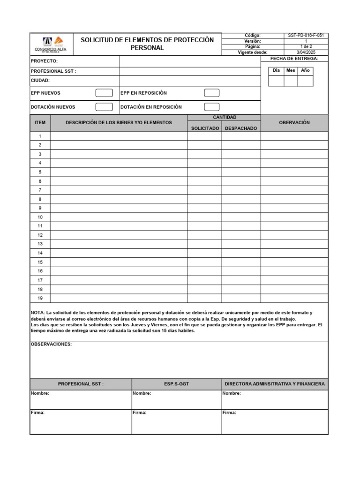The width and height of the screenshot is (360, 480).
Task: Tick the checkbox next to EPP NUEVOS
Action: coord(104,93)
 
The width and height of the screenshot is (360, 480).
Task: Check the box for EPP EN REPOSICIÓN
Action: coord(212,93)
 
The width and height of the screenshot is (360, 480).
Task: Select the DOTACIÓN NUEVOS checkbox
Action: coord(104,107)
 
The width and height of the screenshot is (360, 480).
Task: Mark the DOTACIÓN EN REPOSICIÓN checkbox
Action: coord(212,107)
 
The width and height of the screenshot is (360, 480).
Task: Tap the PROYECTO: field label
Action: coord(44,61)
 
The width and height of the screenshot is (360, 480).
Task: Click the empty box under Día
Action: coord(276,81)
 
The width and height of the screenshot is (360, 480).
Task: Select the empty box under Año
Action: coord(305,81)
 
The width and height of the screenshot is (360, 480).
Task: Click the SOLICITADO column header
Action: coord(205,128)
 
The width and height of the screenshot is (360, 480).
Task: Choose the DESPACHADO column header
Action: coord(241,128)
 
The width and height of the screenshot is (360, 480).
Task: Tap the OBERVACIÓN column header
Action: coord(294,122)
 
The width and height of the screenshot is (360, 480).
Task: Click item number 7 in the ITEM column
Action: coord(40,190)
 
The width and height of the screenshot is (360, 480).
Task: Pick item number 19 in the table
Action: coord(40,298)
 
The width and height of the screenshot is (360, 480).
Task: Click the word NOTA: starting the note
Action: coord(37,312)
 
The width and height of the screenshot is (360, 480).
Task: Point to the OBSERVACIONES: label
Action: coord(51,344)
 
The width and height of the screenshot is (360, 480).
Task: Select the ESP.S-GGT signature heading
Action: coord(177,384)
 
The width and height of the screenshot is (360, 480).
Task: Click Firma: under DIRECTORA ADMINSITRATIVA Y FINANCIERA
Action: coord(229,413)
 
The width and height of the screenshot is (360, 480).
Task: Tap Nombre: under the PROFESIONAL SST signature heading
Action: coord(40,393)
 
